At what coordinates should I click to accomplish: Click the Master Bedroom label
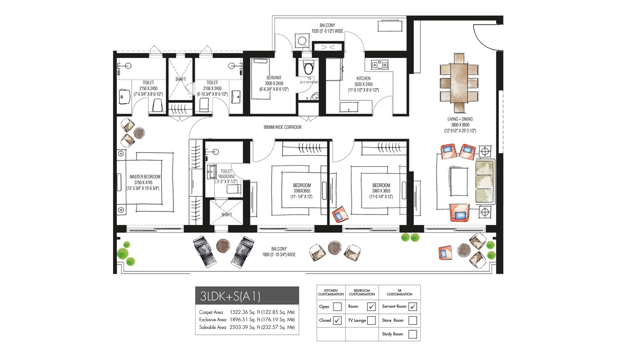(x=145, y=177)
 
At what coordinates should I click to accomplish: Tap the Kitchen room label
(x=363, y=79)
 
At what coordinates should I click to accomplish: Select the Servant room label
(x=274, y=78)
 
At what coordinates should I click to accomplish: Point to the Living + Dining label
(x=460, y=119)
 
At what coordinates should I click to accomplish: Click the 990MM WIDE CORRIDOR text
(x=282, y=127)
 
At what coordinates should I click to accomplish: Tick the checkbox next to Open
(x=337, y=307)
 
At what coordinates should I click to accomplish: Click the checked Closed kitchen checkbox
(x=337, y=320)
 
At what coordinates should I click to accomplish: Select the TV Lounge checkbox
(x=371, y=320)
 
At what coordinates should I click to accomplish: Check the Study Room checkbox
(x=413, y=334)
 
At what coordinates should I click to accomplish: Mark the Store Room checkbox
(x=413, y=320)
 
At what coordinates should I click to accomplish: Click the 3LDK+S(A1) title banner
(x=247, y=295)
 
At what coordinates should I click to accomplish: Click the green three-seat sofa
(x=485, y=182)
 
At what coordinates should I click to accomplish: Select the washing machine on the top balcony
(x=302, y=41)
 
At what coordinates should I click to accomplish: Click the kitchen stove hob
(x=379, y=64)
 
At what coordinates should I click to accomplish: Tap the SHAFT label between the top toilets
(x=181, y=79)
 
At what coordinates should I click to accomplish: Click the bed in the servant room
(x=260, y=79)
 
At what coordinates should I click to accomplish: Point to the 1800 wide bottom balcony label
(x=279, y=252)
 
